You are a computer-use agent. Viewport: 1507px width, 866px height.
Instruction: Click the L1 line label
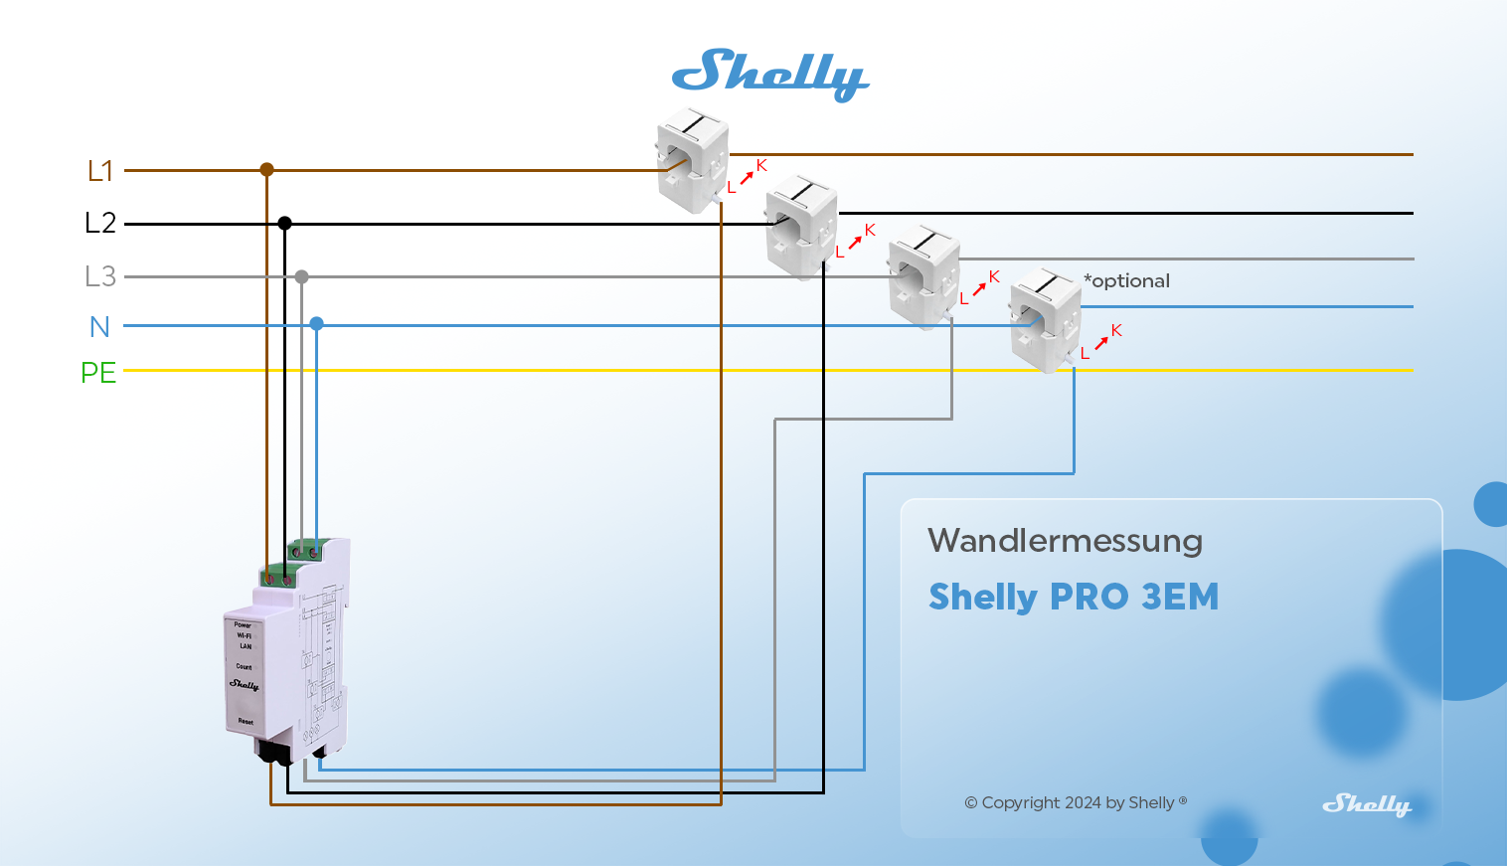click(x=100, y=171)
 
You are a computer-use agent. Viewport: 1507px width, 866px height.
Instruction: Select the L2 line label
click(x=100, y=223)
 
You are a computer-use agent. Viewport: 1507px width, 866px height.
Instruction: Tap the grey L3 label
click(x=100, y=275)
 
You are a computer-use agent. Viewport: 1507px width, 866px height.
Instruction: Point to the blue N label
click(x=99, y=326)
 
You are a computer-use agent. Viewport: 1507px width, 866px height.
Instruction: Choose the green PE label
click(x=98, y=373)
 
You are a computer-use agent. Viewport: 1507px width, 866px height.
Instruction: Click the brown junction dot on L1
click(x=266, y=170)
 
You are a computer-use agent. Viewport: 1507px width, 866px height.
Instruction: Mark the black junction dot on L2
click(x=284, y=223)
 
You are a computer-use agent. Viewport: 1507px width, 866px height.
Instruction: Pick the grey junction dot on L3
click(x=301, y=276)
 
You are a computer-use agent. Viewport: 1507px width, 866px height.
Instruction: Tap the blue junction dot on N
click(x=316, y=324)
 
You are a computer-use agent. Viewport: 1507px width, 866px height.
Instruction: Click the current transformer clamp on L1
click(x=692, y=160)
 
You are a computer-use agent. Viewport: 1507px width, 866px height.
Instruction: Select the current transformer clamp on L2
click(x=801, y=227)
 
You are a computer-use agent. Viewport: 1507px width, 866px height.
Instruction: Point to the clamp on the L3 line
click(x=923, y=276)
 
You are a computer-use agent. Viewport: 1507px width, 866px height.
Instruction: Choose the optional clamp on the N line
click(x=1045, y=320)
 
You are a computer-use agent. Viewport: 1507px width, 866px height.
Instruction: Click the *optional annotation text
click(x=1126, y=280)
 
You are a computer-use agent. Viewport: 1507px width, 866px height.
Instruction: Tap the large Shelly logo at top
click(x=770, y=75)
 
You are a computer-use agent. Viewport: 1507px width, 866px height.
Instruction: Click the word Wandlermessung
click(x=1065, y=541)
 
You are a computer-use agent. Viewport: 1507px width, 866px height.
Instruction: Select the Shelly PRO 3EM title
click(x=1074, y=597)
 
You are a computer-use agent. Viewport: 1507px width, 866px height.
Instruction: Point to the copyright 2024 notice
click(x=1076, y=802)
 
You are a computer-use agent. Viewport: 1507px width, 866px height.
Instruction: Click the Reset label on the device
click(x=246, y=722)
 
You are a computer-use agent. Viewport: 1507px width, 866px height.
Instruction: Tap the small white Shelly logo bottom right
click(x=1367, y=804)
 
